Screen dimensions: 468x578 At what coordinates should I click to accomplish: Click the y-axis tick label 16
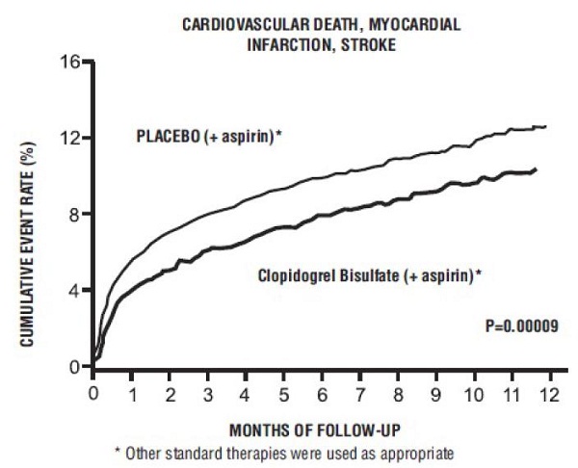pos(70,63)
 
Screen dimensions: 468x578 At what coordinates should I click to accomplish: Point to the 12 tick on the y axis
pos(70,139)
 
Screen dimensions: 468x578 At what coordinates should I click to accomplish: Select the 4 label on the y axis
pos(75,291)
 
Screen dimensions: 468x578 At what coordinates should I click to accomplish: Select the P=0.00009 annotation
pos(521,326)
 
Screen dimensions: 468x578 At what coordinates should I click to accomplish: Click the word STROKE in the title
pos(370,45)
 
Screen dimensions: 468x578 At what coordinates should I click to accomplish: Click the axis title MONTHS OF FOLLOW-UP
pos(321,425)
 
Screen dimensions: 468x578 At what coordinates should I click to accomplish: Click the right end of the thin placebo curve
pos(546,126)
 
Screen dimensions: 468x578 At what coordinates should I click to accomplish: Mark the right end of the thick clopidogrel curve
pos(536,169)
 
